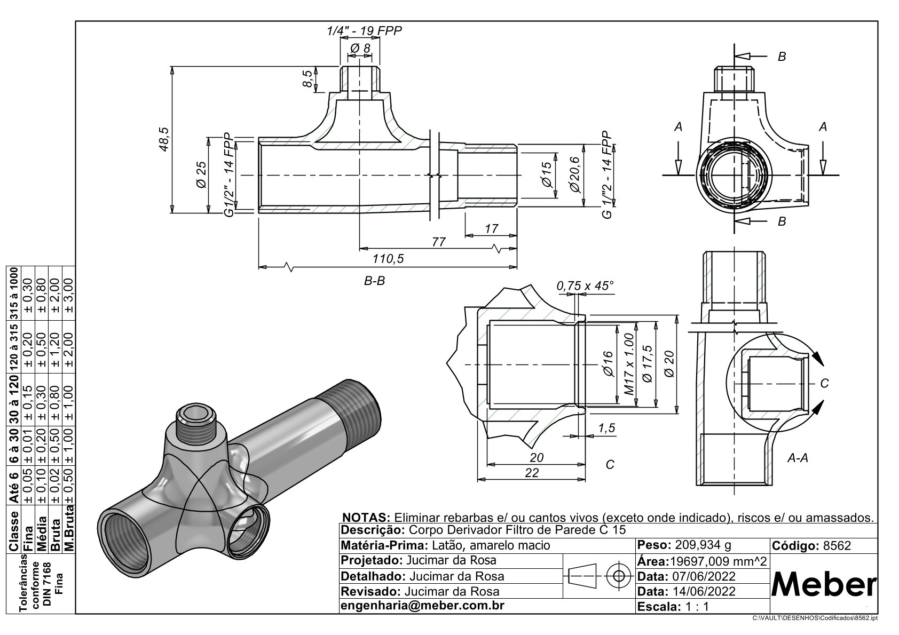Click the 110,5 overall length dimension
(x=388, y=259)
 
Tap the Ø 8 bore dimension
(x=360, y=48)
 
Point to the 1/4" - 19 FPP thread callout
(x=365, y=30)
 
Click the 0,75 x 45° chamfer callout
(x=585, y=286)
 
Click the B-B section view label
(x=374, y=281)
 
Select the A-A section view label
(x=798, y=458)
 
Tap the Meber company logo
(x=824, y=586)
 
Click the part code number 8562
(x=837, y=546)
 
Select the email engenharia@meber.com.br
(x=422, y=606)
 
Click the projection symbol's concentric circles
(x=619, y=576)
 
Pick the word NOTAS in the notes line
(x=366, y=518)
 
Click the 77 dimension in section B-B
(x=438, y=242)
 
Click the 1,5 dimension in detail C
(x=607, y=428)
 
